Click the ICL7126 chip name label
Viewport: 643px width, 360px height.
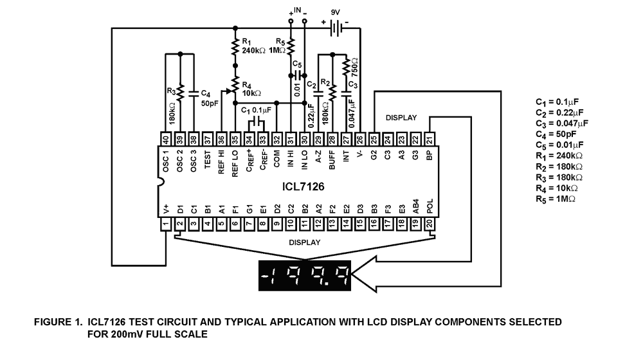pyautogui.click(x=303, y=186)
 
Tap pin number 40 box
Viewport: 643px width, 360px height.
pyautogui.click(x=166, y=140)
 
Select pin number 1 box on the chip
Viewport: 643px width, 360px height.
pyautogui.click(x=166, y=224)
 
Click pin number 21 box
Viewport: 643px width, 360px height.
pyautogui.click(x=430, y=140)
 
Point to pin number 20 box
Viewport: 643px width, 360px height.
pyautogui.click(x=430, y=224)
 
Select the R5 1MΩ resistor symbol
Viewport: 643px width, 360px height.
pyautogui.click(x=290, y=46)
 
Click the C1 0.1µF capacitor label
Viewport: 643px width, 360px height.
pyautogui.click(x=256, y=110)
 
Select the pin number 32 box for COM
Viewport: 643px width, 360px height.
pyautogui.click(x=276, y=140)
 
